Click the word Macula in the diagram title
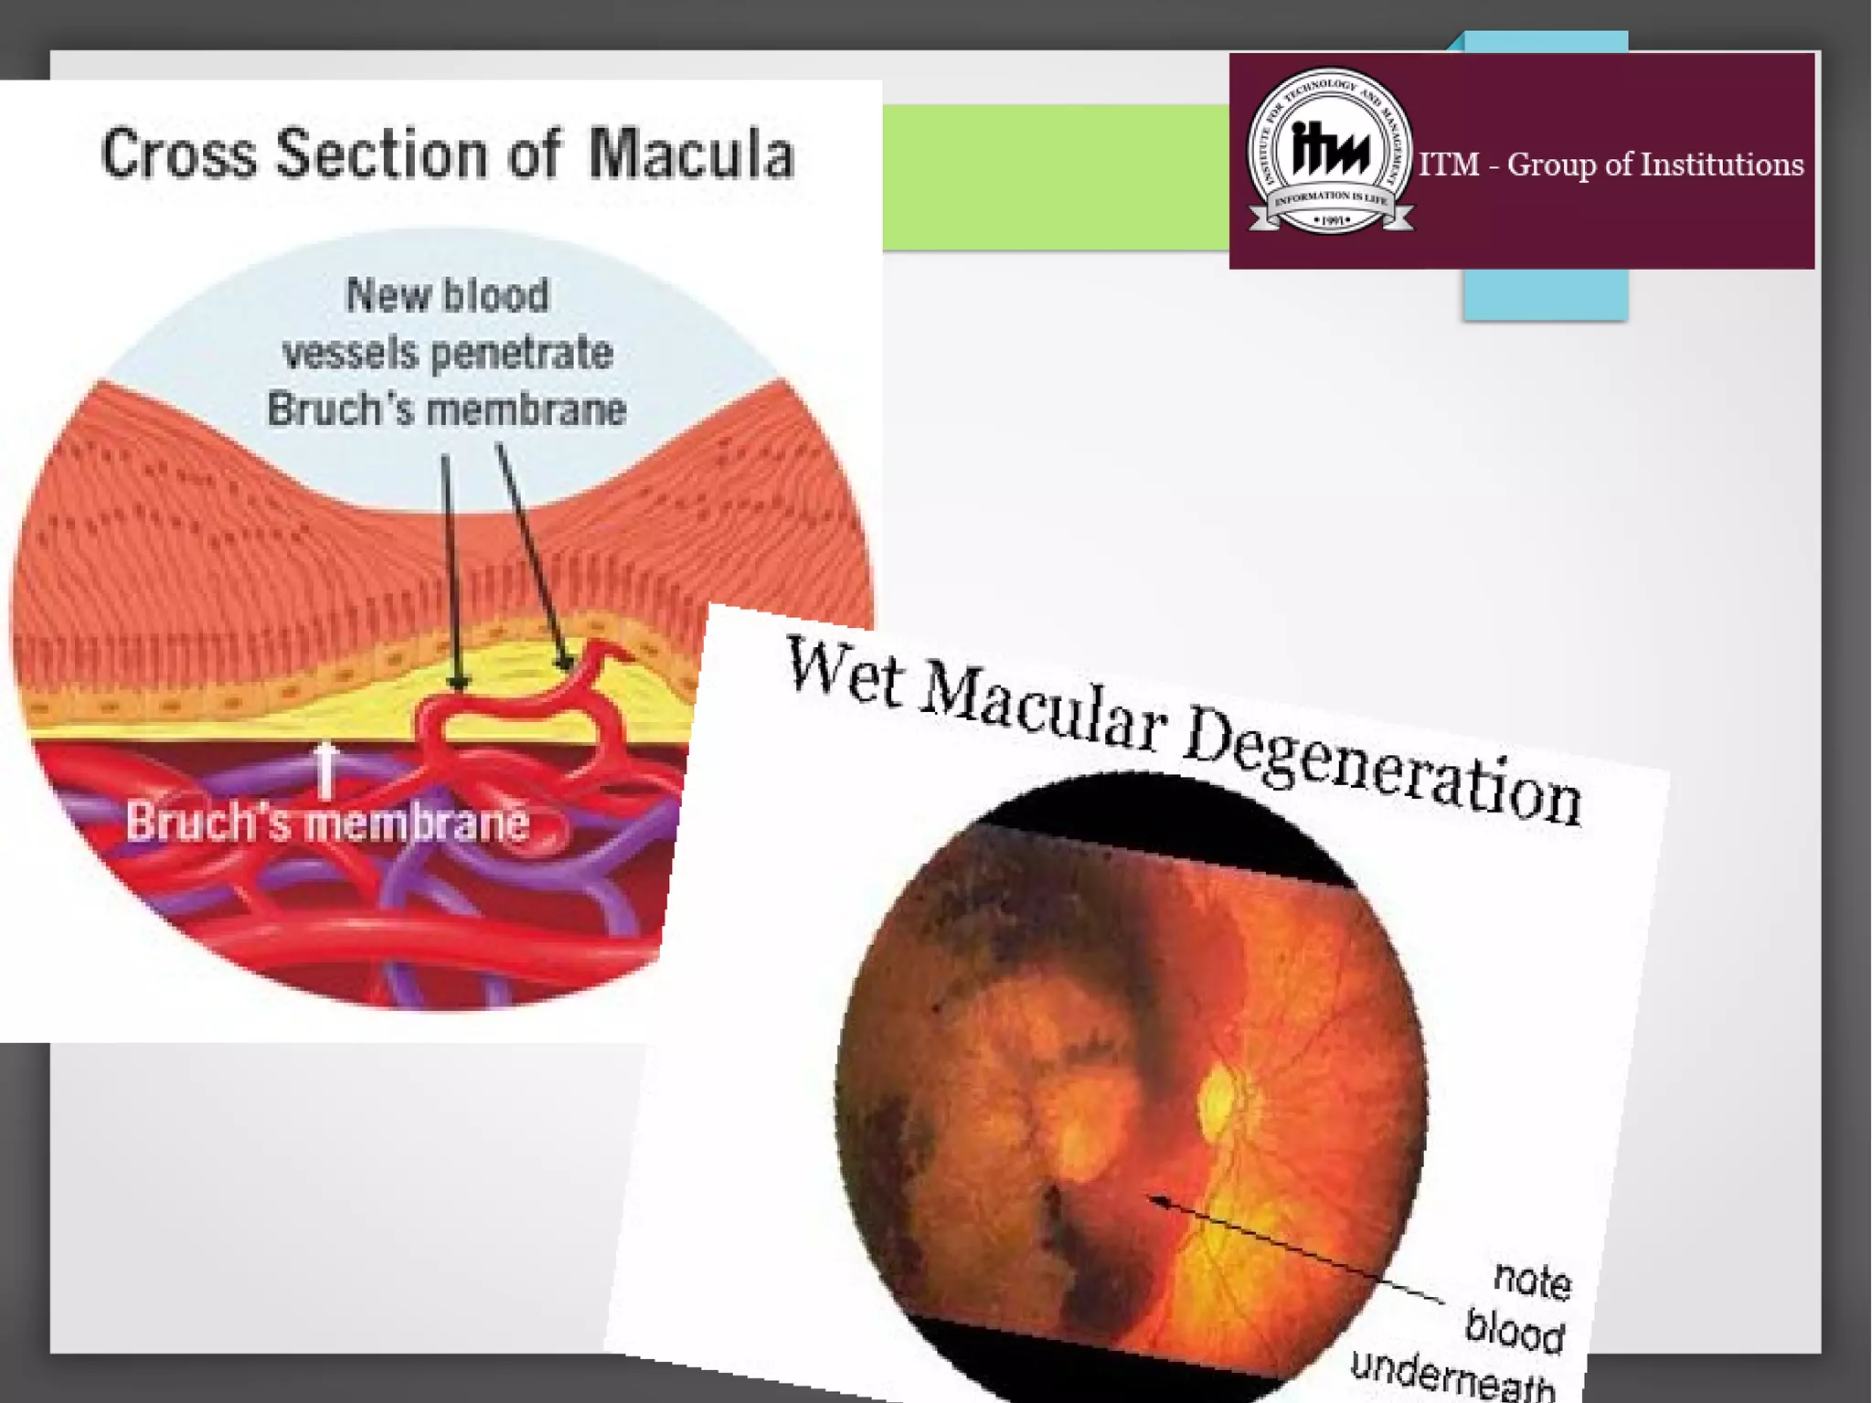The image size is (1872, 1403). click(691, 154)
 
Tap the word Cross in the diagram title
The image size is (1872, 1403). click(179, 154)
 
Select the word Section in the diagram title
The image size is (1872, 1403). click(382, 154)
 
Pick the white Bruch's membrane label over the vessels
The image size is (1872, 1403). click(327, 822)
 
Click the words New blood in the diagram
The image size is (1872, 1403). click(447, 295)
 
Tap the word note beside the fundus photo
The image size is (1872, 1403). click(1532, 1280)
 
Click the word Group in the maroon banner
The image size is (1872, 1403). click(1553, 165)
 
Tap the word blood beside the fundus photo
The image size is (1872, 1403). click(1514, 1330)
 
